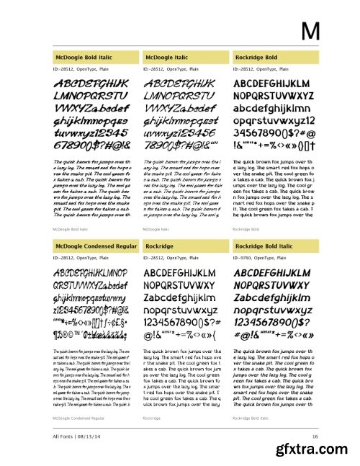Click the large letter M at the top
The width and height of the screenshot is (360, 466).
310,31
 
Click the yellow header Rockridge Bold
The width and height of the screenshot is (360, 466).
256,56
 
